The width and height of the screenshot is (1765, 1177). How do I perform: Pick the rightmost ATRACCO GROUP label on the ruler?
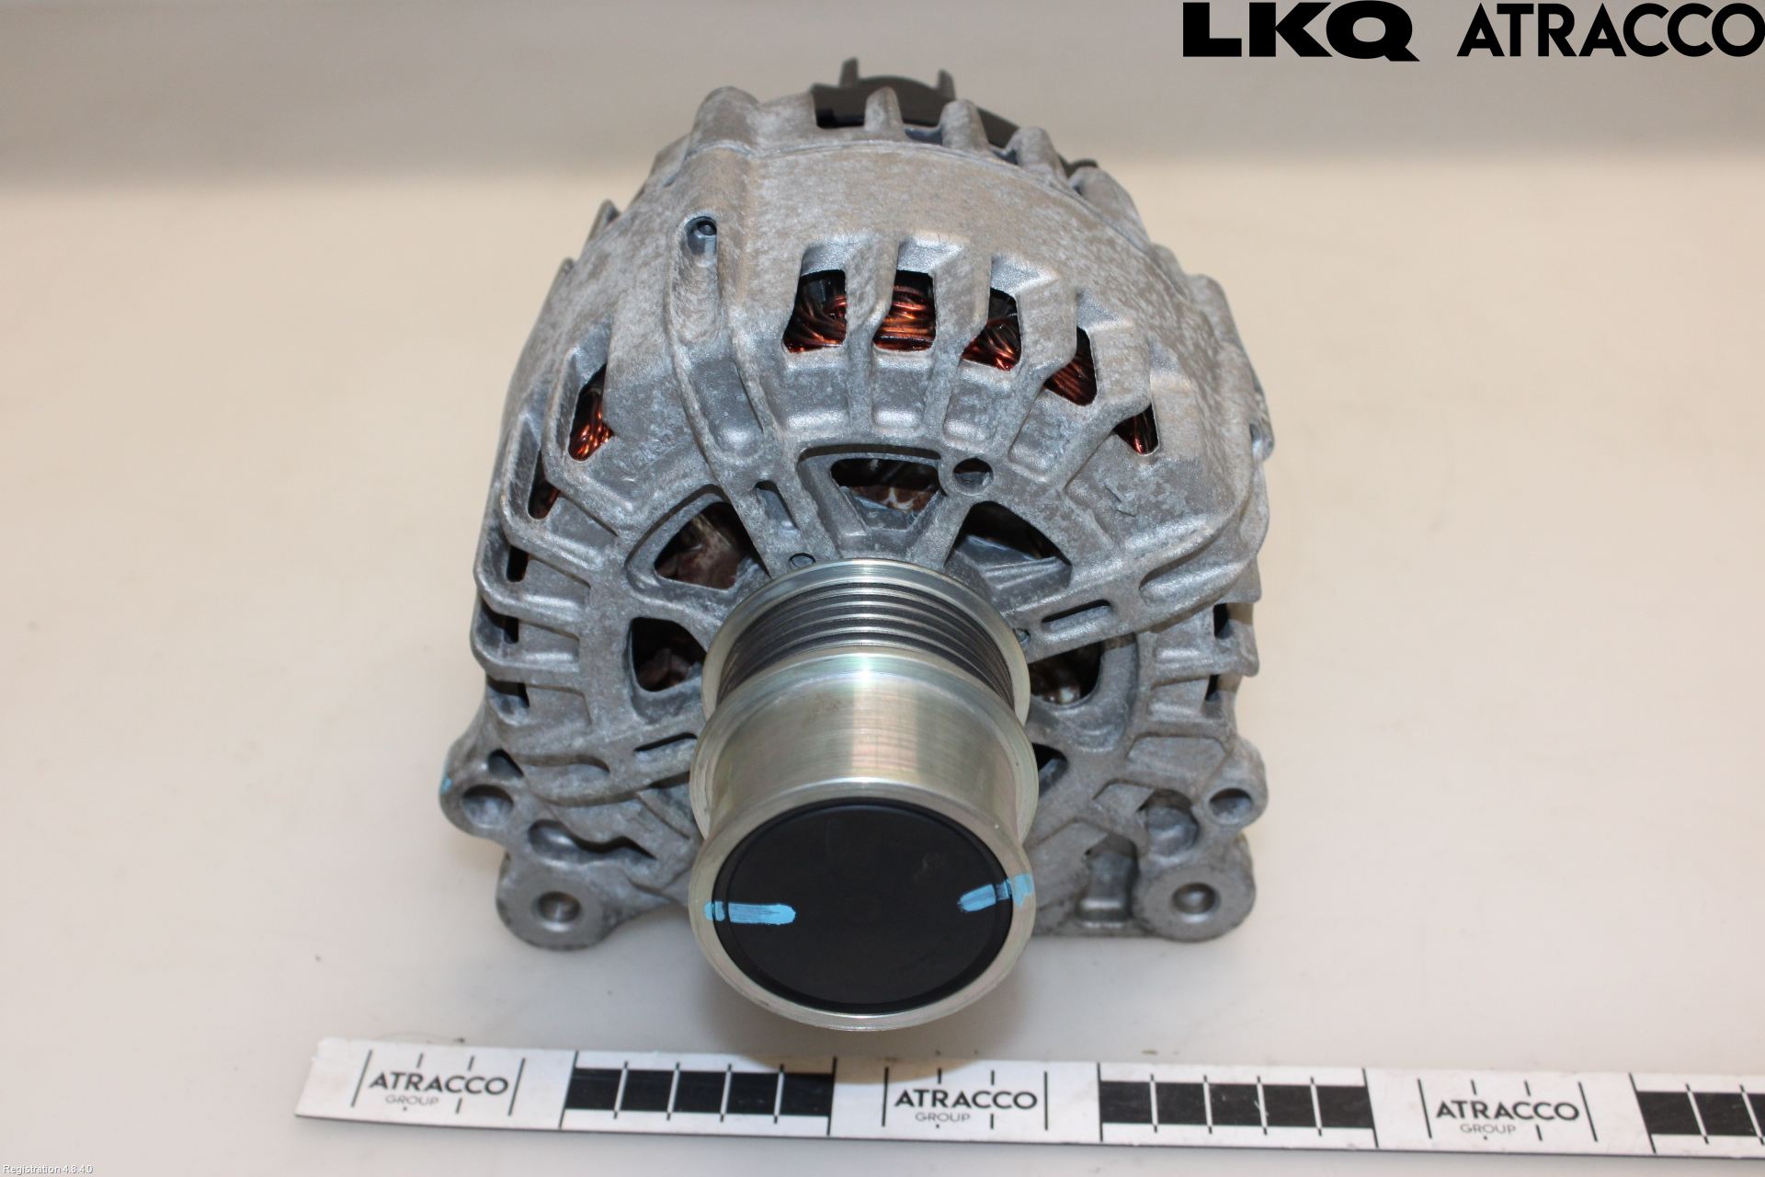pyautogui.click(x=1497, y=1114)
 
